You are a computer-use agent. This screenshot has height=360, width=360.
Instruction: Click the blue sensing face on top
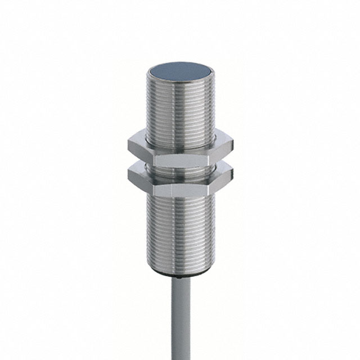pos(180,73)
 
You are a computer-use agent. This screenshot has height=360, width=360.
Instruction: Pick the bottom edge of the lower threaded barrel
pos(180,274)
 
